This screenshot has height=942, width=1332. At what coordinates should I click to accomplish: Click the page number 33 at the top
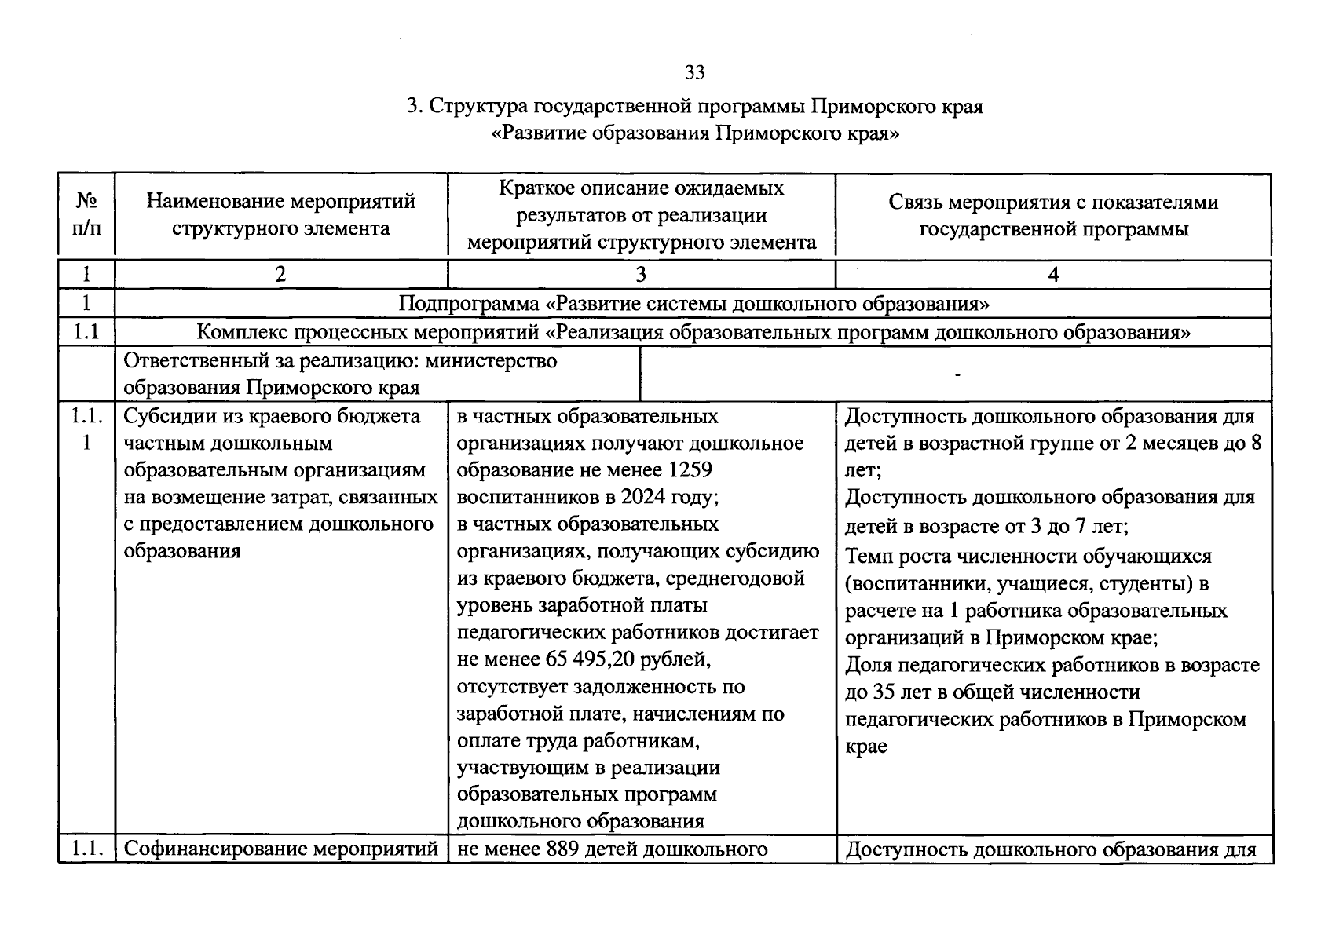coord(695,73)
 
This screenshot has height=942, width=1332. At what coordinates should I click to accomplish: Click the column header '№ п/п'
coord(86,214)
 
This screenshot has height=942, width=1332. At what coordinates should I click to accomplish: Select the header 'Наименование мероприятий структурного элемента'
coord(281,214)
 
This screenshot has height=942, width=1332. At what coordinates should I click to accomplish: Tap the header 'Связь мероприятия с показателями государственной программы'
coord(1053,214)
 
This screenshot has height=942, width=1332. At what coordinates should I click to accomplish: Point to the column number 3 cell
coord(641,274)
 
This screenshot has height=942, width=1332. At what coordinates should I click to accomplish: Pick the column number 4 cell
coord(1053,274)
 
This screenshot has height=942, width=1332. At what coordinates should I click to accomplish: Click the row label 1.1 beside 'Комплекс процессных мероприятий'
coord(86,332)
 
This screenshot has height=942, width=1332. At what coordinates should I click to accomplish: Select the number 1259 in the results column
coord(691,470)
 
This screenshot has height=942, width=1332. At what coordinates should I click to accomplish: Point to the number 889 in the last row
coord(563,849)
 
